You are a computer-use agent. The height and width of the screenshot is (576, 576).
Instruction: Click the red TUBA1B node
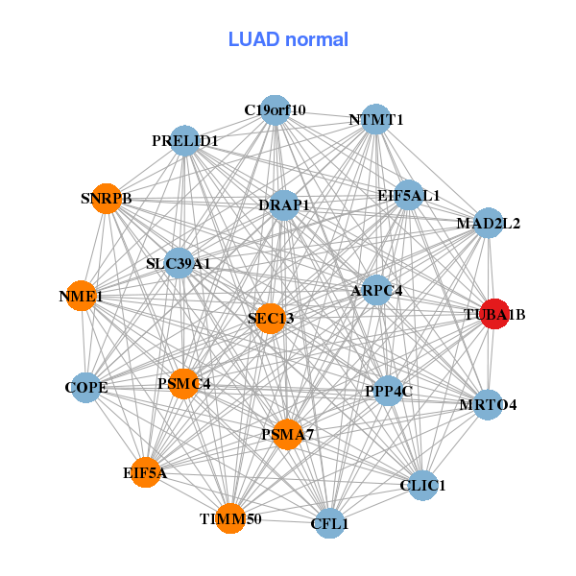[x=493, y=313]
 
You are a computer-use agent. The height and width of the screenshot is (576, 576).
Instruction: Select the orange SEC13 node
[x=271, y=318]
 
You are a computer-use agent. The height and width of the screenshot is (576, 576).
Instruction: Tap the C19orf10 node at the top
[x=275, y=109]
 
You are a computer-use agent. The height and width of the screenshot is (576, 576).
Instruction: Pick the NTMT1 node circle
[x=376, y=121]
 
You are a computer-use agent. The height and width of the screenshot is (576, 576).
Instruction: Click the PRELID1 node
[x=184, y=141]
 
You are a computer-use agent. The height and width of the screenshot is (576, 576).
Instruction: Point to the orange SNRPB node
[x=106, y=200]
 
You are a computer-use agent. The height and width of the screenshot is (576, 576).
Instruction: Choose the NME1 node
[x=81, y=298]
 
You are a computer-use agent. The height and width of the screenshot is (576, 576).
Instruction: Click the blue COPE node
[x=86, y=388]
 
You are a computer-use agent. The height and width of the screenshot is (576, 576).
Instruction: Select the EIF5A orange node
[x=145, y=472]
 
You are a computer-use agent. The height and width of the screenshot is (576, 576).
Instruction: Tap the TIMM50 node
[x=230, y=518]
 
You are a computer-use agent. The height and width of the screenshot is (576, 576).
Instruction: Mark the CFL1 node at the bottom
[x=329, y=524]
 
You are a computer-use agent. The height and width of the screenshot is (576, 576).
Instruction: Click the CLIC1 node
[x=422, y=486]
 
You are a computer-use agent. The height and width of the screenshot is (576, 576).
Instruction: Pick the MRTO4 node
[x=488, y=404]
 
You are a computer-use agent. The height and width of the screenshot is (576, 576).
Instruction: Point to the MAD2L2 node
[x=489, y=224]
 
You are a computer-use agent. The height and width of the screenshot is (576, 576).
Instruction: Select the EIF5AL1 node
[x=409, y=195]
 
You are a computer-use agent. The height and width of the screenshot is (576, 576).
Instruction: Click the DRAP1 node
[x=284, y=205]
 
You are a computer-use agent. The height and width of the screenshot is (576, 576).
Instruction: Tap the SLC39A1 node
[x=179, y=262]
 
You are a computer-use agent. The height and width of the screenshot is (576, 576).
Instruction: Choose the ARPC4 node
[x=377, y=290]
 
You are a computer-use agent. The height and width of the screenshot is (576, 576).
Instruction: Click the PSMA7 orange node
[x=288, y=435]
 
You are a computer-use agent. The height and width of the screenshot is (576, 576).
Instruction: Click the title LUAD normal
[x=288, y=39]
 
